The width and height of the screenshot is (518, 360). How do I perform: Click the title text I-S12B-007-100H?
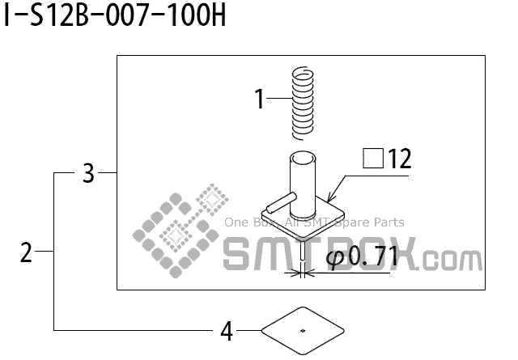coord(115,16)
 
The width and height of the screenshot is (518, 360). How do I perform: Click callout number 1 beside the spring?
coord(260,99)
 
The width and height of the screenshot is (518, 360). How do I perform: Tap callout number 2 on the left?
coord(26,252)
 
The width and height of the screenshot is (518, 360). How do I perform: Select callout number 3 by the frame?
coord(88,173)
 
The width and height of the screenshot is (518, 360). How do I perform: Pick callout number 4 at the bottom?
coord(227,331)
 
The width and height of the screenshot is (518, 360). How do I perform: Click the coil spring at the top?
coord(303,103)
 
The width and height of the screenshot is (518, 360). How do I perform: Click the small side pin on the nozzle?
coord(282,203)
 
